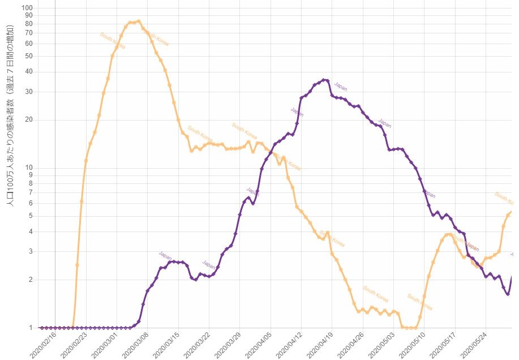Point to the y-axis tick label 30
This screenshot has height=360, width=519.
(x=28, y=92)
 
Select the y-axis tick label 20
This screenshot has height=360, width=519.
(x=28, y=120)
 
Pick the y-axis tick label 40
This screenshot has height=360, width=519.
(x=28, y=72)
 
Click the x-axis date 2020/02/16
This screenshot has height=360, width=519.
(x=42, y=344)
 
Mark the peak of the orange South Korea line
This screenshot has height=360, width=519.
(x=139, y=21)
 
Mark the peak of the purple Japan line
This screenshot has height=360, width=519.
(x=324, y=80)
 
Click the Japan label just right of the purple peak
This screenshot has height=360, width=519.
(x=341, y=87)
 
